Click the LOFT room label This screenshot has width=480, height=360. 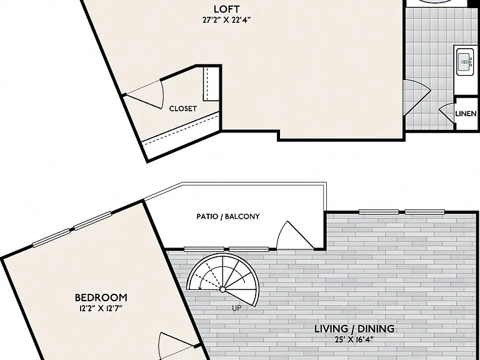pyautogui.click(x=226, y=9)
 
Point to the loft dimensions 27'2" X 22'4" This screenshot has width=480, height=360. pyautogui.click(x=226, y=20)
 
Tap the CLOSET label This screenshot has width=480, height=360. pyautogui.click(x=182, y=109)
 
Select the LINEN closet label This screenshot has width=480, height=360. pyautogui.click(x=466, y=114)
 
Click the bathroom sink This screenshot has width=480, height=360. pyautogui.click(x=465, y=62)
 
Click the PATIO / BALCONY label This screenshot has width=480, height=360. pyautogui.click(x=228, y=216)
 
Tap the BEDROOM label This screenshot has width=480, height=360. pyautogui.click(x=101, y=297)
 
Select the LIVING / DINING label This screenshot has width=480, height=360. pyautogui.click(x=354, y=329)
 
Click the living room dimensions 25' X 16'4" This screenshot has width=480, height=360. pyautogui.click(x=354, y=339)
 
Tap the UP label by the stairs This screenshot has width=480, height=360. pyautogui.click(x=237, y=308)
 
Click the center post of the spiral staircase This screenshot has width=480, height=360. pyautogui.click(x=223, y=289)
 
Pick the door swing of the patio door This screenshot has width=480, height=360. pyautogui.click(x=294, y=234)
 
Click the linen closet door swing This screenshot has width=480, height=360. pyautogui.click(x=447, y=113)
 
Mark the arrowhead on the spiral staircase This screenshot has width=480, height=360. pyautogui.click(x=200, y=287)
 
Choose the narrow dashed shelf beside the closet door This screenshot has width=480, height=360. pyautogui.click(x=211, y=84)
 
